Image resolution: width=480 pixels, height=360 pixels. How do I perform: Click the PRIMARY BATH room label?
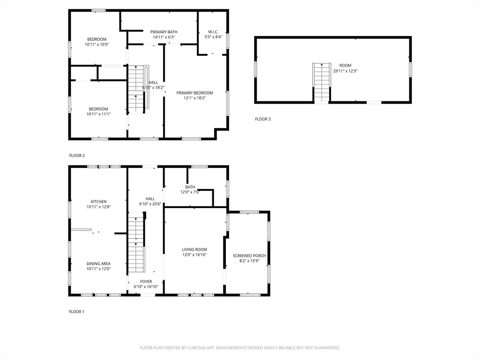(164, 32)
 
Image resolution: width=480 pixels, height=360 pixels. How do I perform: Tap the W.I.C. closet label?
(213, 32)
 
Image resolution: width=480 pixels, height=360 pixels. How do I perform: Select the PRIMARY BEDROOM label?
(195, 93)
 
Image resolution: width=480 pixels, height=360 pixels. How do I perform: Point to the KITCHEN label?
(98, 202)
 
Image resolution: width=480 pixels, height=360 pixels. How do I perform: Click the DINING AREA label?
(98, 263)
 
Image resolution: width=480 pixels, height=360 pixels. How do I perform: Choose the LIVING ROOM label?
(195, 249)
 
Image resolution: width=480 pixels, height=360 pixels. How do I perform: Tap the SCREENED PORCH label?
(249, 255)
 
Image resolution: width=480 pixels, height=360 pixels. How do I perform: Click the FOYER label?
(146, 282)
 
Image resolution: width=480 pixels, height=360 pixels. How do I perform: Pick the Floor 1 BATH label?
(190, 187)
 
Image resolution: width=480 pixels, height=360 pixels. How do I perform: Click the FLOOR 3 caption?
(263, 119)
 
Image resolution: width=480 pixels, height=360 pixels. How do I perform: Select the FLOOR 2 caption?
(77, 156)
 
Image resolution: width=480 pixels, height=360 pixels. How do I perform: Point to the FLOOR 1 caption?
(76, 312)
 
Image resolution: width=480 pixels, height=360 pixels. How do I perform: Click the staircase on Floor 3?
(322, 82)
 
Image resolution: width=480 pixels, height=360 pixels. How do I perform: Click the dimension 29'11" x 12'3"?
(345, 71)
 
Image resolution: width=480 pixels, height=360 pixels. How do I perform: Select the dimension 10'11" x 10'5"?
(97, 45)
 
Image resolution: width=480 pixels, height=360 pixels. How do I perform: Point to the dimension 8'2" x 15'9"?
(249, 261)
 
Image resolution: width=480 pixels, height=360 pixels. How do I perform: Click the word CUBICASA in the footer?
(197, 348)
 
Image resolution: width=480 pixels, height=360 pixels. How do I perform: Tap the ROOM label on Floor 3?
(345, 66)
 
